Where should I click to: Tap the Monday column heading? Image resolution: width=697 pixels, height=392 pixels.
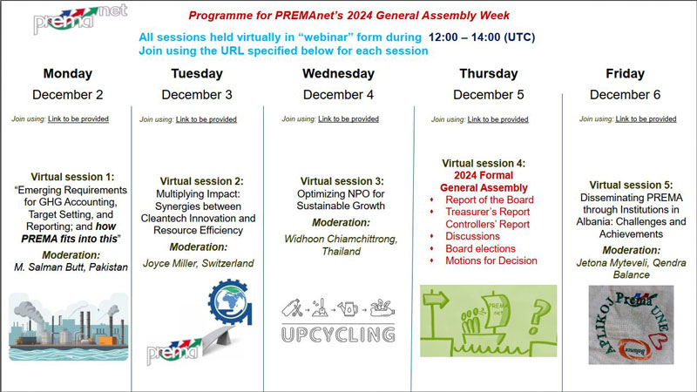68,73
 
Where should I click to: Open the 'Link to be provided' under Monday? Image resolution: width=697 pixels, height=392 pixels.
78,118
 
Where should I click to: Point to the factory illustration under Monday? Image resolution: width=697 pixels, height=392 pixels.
68,327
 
